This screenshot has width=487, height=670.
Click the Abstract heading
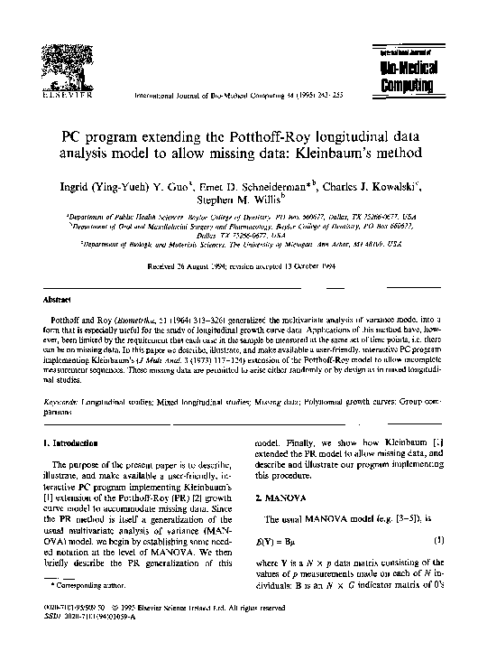57,297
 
